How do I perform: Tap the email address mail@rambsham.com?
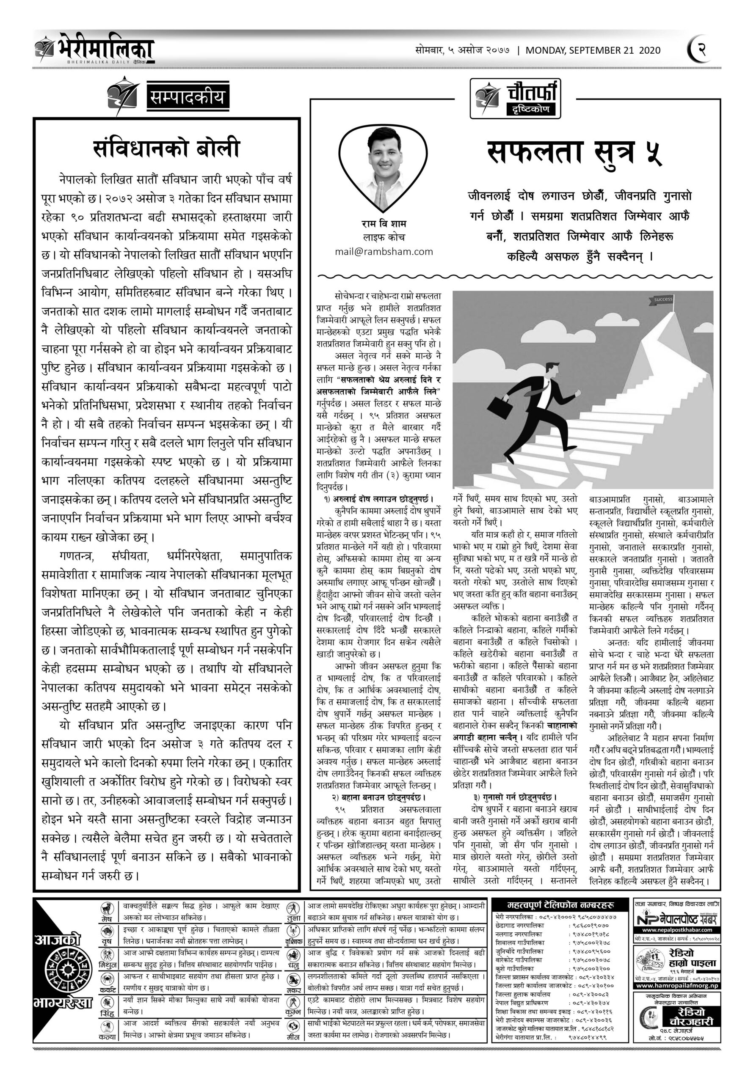click(384, 252)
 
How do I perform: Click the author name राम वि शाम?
click(384, 224)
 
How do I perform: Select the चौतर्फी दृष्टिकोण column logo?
click(516, 99)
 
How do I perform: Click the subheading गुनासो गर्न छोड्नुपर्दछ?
click(513, 796)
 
